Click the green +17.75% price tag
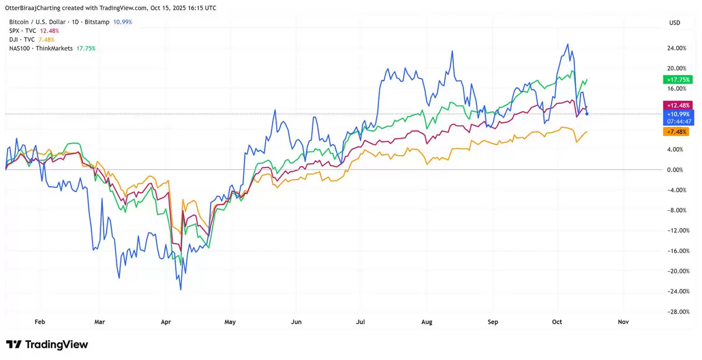click(677, 80)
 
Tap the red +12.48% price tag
click(677, 105)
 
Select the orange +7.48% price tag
click(676, 132)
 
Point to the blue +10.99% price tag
click(677, 114)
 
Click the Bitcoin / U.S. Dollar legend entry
click(70, 22)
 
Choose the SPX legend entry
click(34, 30)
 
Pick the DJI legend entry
click(32, 39)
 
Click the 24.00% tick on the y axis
click(676, 48)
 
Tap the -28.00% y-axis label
click(676, 312)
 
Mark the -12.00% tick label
click(676, 231)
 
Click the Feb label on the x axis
click(40, 321)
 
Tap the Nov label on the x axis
click(624, 321)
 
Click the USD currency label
click(675, 22)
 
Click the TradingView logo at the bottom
click(47, 344)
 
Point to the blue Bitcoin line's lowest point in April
click(181, 289)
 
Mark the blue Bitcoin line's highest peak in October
click(567, 44)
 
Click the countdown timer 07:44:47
click(677, 121)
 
